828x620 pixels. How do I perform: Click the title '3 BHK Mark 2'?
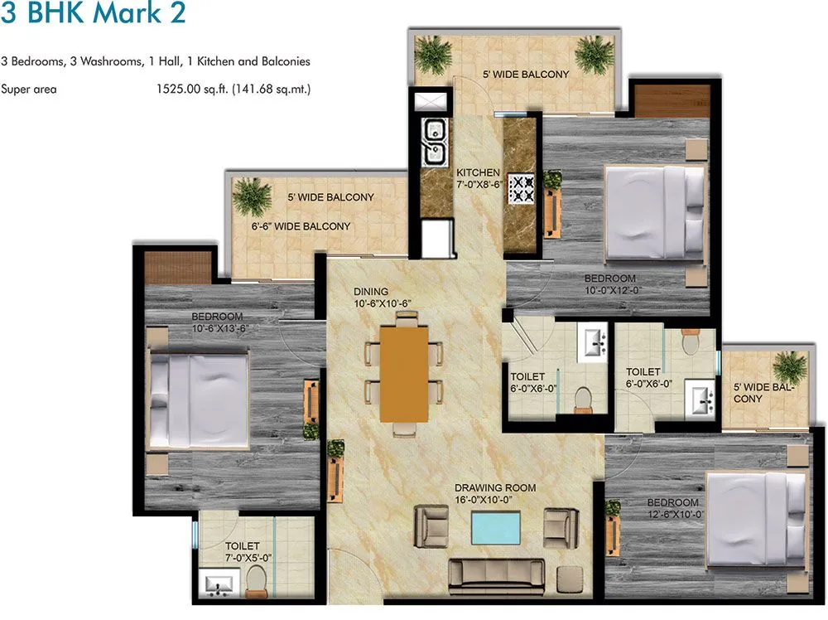click(94, 15)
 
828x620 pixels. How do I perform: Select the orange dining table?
click(404, 372)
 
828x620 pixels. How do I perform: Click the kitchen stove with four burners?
click(521, 189)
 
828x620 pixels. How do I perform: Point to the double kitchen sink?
click(433, 142)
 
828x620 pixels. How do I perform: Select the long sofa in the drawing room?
click(496, 575)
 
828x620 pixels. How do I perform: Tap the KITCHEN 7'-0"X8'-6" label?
click(479, 178)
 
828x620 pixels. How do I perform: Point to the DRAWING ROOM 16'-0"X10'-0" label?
click(495, 494)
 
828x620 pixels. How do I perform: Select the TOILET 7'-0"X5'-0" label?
click(243, 552)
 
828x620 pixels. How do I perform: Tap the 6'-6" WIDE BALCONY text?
click(301, 226)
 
